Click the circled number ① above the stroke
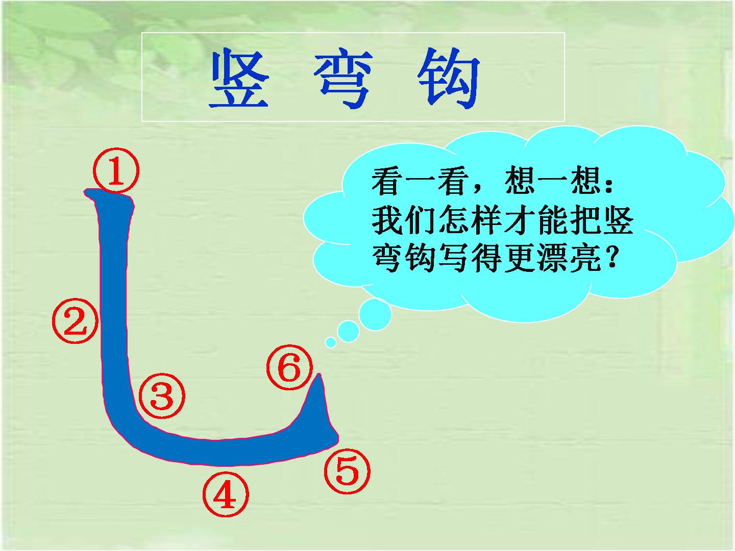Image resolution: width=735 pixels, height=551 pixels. [116, 170]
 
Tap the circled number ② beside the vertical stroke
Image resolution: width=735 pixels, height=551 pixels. [76, 320]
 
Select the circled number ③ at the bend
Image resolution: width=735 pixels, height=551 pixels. [162, 396]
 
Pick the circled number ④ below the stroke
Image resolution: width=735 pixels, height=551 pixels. [226, 494]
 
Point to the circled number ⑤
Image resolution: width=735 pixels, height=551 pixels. [347, 471]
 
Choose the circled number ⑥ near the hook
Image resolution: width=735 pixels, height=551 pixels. [289, 367]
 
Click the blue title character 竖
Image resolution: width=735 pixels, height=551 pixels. [239, 78]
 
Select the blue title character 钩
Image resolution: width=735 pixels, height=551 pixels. [449, 79]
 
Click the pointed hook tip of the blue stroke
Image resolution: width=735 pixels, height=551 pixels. [320, 374]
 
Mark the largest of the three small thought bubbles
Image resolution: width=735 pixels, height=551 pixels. [375, 315]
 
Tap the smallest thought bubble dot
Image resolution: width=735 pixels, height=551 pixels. [331, 342]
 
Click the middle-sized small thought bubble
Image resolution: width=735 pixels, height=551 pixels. [348, 331]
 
